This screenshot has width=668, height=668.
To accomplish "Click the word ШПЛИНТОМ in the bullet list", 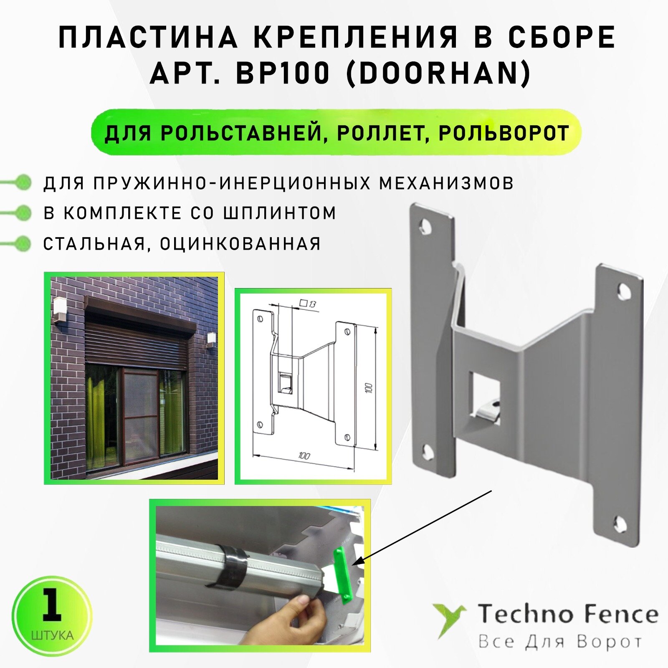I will [280, 213].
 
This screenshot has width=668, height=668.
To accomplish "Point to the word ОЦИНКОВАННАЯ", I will [240, 244].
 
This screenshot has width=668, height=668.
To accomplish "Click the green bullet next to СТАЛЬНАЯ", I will [23, 243].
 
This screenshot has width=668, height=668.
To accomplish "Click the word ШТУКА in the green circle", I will [52, 636].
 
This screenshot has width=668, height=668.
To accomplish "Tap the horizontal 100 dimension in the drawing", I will [304, 455].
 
